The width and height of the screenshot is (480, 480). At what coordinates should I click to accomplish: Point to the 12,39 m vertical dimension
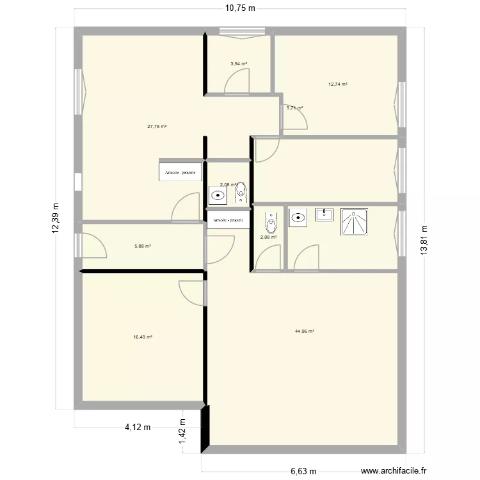pyautogui.click(x=56, y=219)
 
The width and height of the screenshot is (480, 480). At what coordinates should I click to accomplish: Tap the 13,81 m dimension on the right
pyautogui.click(x=423, y=240)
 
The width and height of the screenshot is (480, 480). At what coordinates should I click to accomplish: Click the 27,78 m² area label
pyautogui.click(x=157, y=127)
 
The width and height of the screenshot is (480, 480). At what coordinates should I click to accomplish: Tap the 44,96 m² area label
pyautogui.click(x=305, y=332)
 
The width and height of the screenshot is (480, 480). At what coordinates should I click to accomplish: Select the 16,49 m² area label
pyautogui.click(x=143, y=337)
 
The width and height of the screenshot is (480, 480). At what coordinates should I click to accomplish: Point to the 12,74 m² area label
pyautogui.click(x=338, y=84)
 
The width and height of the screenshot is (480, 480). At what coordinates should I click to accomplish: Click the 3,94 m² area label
pyautogui.click(x=239, y=64)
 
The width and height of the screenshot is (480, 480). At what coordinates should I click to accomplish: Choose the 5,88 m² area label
pyautogui.click(x=143, y=246)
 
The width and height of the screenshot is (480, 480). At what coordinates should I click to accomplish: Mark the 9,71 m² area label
pyautogui.click(x=295, y=108)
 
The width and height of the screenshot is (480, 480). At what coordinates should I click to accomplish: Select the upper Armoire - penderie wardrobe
pyautogui.click(x=181, y=172)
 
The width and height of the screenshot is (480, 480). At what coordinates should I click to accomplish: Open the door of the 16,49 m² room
pyautogui.click(x=194, y=291)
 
